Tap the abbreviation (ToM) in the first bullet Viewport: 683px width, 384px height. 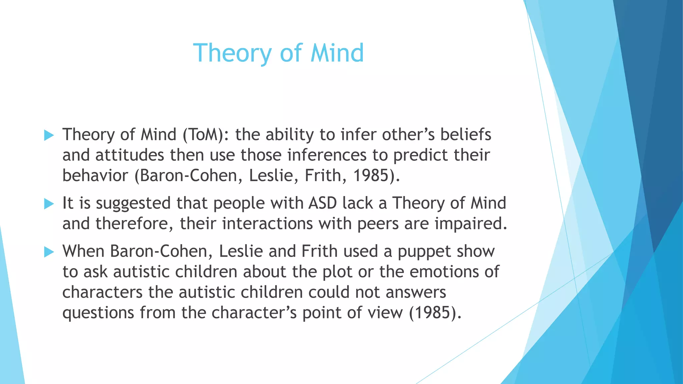tap(203, 135)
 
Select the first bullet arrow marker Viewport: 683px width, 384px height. tap(49, 135)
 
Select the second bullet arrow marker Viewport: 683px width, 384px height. tap(49, 204)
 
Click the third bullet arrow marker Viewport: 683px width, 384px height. tap(49, 252)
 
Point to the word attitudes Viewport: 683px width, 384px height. tap(130, 155)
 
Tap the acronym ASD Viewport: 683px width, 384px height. tap(322, 203)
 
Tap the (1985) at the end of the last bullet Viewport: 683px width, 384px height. tap(435, 313)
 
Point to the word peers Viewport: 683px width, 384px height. tap(378, 224)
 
